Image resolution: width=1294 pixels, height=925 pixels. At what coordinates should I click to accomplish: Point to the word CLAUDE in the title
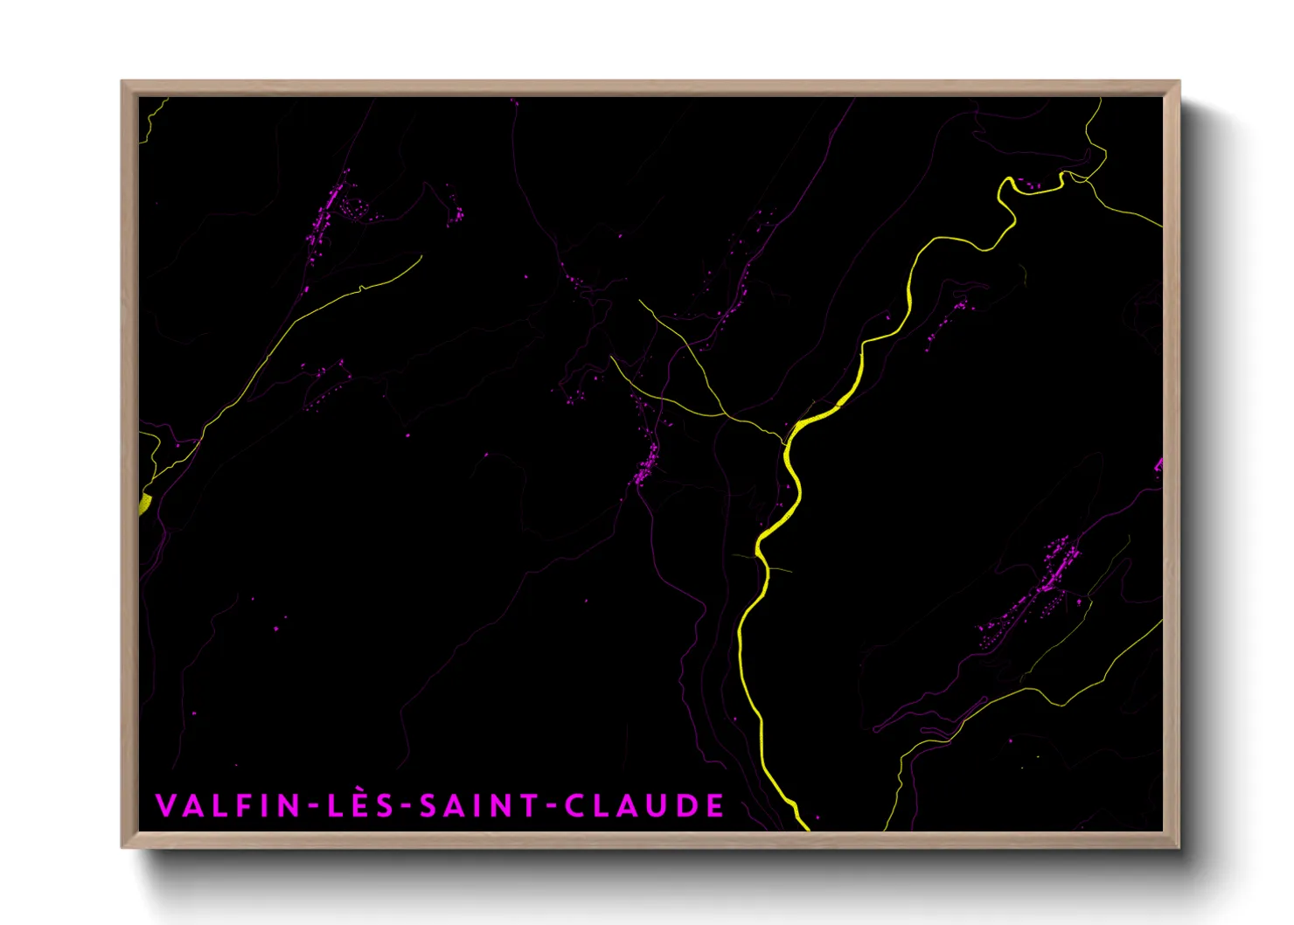click(644, 805)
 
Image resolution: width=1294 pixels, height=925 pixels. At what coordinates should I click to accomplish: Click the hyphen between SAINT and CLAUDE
click(551, 807)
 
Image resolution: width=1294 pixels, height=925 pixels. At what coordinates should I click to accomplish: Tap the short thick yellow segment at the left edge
click(144, 504)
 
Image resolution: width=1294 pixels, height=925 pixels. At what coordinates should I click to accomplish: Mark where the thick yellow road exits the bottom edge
click(805, 827)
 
